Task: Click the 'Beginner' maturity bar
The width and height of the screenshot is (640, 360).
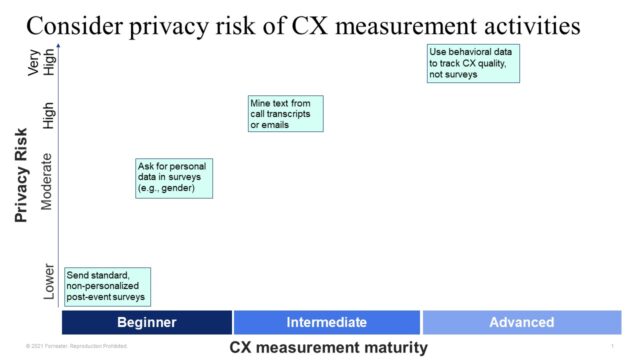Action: [x=147, y=322]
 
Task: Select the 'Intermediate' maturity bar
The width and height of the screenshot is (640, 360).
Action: [x=327, y=322]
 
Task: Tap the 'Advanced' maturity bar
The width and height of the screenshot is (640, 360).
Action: [x=521, y=322]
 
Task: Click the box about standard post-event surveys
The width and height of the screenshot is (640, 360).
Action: [x=106, y=286]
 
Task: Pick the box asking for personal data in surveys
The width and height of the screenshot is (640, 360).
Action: [x=174, y=178]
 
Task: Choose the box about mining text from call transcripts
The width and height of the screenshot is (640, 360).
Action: [x=286, y=114]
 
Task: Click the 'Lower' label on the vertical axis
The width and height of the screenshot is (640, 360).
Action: [x=50, y=283]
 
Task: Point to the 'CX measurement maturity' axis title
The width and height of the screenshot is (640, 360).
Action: [x=328, y=348]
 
